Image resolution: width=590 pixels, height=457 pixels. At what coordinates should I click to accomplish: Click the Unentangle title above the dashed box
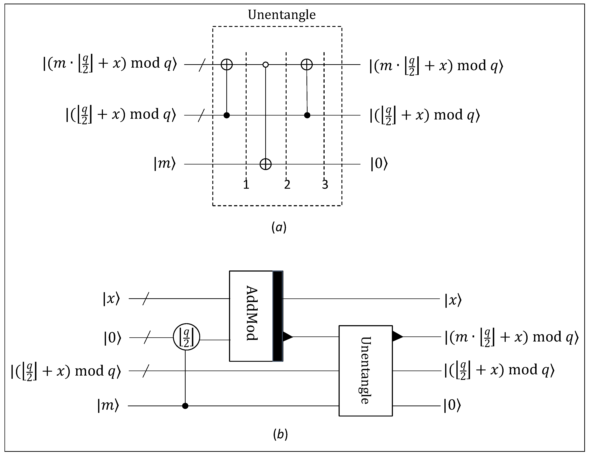click(x=282, y=15)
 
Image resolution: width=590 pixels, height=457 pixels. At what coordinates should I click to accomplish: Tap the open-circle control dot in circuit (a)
click(x=266, y=65)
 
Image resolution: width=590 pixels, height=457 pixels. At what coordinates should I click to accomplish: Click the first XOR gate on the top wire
click(x=227, y=65)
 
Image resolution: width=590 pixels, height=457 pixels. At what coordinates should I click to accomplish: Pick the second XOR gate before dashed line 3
click(x=307, y=65)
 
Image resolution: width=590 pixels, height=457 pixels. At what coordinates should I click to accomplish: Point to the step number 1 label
click(x=246, y=185)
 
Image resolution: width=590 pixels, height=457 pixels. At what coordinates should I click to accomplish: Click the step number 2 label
click(x=287, y=185)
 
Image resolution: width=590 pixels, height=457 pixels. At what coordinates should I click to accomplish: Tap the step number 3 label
click(x=325, y=185)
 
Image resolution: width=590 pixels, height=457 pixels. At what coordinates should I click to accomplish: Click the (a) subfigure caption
click(x=279, y=227)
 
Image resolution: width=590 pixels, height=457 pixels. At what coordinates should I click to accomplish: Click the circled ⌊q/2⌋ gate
click(x=186, y=337)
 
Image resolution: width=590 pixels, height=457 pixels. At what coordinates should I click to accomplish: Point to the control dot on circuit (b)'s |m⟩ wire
click(x=185, y=406)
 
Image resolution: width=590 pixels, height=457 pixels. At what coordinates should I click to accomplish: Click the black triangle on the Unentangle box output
click(x=397, y=337)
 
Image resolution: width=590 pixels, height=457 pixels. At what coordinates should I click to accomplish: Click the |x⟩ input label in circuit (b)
click(x=111, y=299)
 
